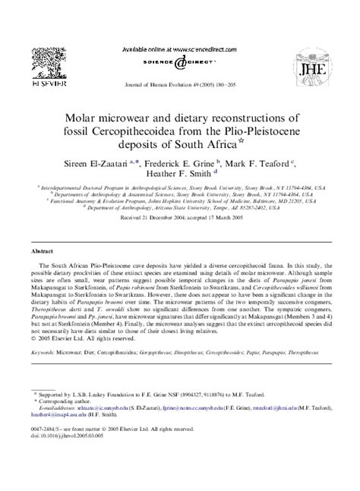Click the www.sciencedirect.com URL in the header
(202, 47)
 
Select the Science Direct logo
(180, 64)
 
